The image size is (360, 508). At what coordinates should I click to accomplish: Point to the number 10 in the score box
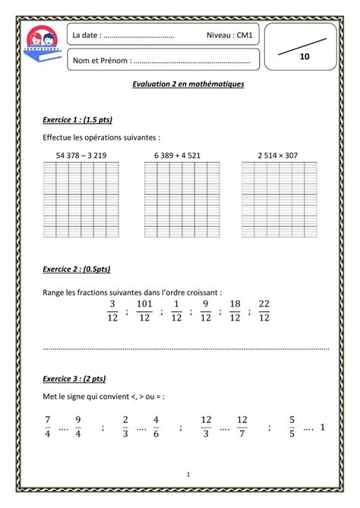305,57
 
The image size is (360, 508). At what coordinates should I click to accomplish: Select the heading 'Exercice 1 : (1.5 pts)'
78,120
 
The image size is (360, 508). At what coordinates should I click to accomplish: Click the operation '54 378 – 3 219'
81,155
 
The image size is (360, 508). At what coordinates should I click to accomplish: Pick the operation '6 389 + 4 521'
178,155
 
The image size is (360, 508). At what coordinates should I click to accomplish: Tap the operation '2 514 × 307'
277,155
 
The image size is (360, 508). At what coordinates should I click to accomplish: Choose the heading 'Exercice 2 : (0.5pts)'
77,269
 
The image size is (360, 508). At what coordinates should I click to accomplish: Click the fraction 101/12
144,311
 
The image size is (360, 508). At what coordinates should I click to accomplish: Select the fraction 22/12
264,311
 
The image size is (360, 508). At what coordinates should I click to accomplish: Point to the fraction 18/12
235,311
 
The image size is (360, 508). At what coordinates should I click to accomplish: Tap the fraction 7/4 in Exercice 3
47,426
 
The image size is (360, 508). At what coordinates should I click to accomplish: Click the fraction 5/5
292,426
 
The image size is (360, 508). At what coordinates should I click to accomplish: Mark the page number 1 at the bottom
188,475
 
